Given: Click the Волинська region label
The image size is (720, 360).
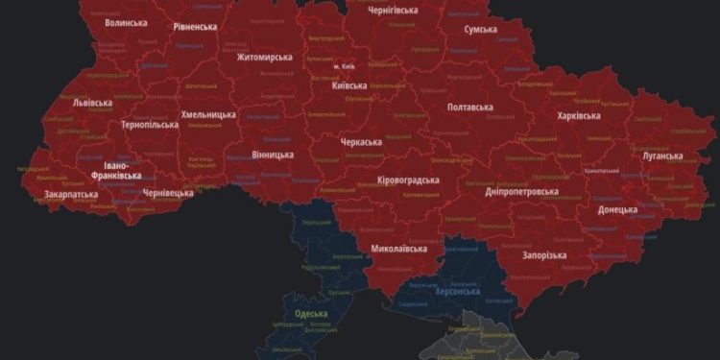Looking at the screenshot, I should (126, 22).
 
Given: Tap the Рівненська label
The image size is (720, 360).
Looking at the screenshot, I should (195, 27).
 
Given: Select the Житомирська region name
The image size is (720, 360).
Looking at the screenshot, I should (264, 57).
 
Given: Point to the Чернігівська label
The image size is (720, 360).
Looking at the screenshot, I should (394, 10).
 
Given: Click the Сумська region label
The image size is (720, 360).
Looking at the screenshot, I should (480, 30).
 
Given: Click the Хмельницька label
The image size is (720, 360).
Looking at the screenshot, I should (208, 114).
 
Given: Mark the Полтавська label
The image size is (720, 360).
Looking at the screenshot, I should (470, 107).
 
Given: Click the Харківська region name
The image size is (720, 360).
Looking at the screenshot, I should (579, 116).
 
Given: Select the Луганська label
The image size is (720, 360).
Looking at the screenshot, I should (662, 156).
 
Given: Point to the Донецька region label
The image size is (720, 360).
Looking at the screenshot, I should (617, 209).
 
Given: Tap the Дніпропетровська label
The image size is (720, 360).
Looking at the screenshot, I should (522, 191).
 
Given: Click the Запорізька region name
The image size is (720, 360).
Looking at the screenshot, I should (543, 255).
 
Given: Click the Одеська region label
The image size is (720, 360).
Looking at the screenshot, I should (311, 314).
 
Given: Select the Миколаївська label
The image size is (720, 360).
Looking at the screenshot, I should (398, 249).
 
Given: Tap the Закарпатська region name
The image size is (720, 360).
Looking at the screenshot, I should (70, 194).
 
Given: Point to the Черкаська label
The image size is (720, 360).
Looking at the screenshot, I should (361, 142).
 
